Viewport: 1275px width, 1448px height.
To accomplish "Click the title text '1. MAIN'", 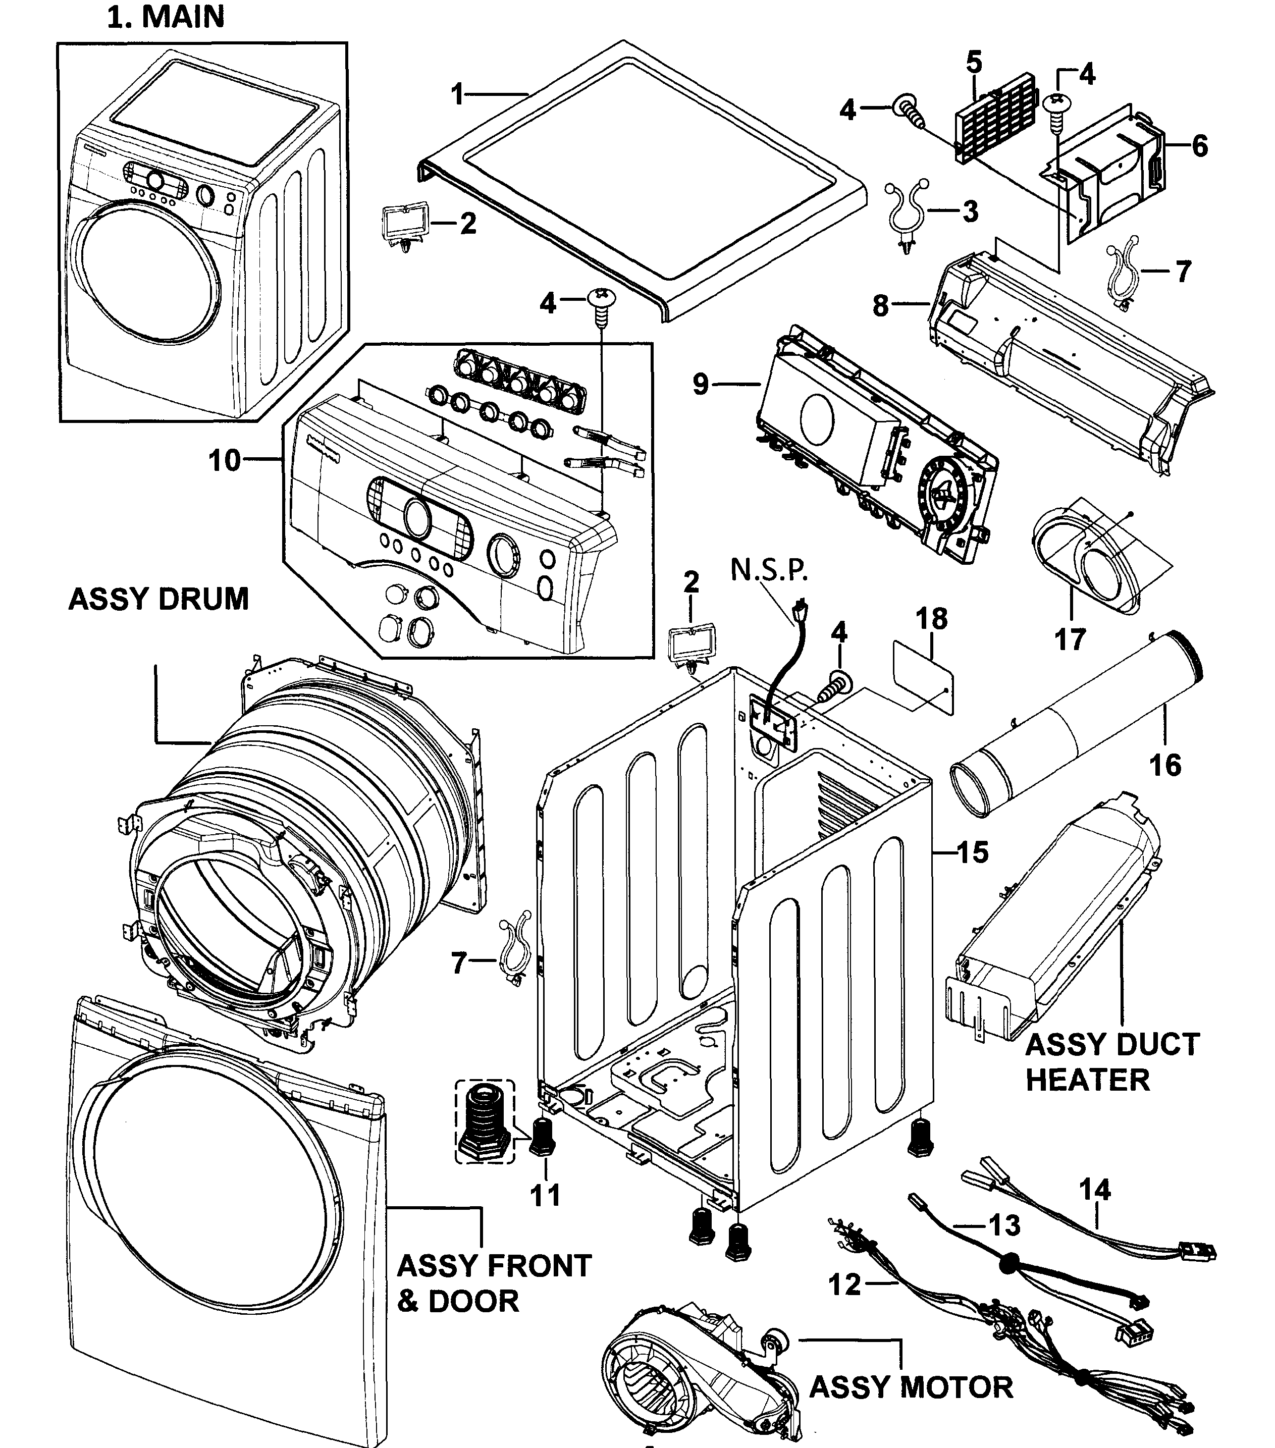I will [x=166, y=17].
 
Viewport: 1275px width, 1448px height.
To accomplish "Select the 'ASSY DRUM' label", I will [x=158, y=599].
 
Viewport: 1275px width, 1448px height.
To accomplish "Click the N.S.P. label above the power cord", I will [x=769, y=570].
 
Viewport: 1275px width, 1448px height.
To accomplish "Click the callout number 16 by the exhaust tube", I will [x=1165, y=766].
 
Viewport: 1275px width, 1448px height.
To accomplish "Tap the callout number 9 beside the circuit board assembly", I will [x=700, y=385].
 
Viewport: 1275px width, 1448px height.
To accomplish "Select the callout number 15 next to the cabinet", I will [x=973, y=853].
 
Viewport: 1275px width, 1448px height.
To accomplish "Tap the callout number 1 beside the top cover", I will [x=458, y=94].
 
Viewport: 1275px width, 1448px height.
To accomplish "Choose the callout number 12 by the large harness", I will [x=844, y=1284].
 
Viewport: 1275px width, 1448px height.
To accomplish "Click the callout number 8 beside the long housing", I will [x=880, y=306].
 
